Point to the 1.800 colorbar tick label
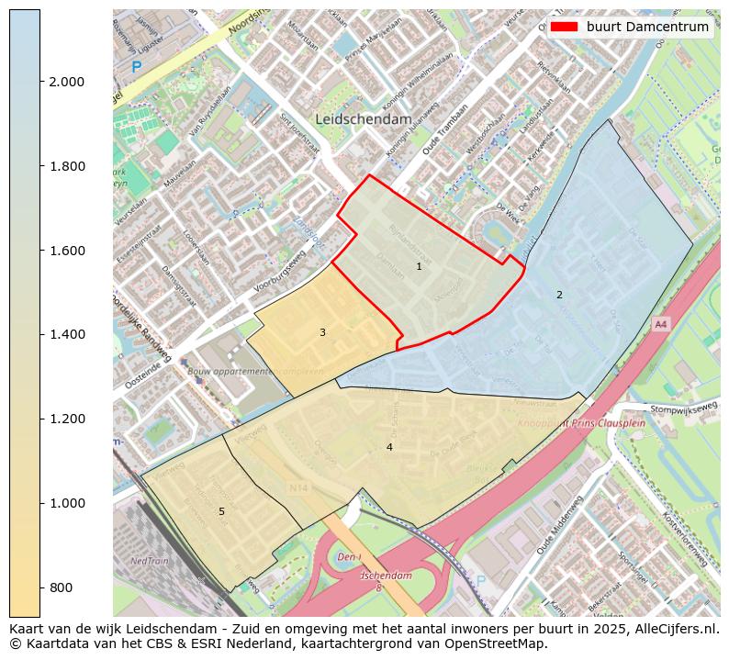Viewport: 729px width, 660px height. coord(66,166)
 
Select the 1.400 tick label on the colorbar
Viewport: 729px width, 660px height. coord(66,334)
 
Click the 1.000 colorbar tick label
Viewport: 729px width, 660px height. coord(66,503)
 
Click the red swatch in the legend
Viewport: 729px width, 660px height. coord(564,27)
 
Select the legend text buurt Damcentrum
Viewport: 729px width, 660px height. coord(648,27)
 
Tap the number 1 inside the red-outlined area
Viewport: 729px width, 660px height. coord(419,267)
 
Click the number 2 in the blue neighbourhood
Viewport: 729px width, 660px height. coord(559,295)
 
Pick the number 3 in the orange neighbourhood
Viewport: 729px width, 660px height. coord(322,332)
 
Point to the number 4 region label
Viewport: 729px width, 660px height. coord(389,447)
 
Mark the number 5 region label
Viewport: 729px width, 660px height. coord(221,511)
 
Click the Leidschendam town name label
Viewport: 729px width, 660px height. coord(364,119)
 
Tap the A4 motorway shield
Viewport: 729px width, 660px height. coord(660,325)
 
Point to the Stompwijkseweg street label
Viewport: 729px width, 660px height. coord(682,409)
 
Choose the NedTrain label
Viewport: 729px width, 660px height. coord(149,560)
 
